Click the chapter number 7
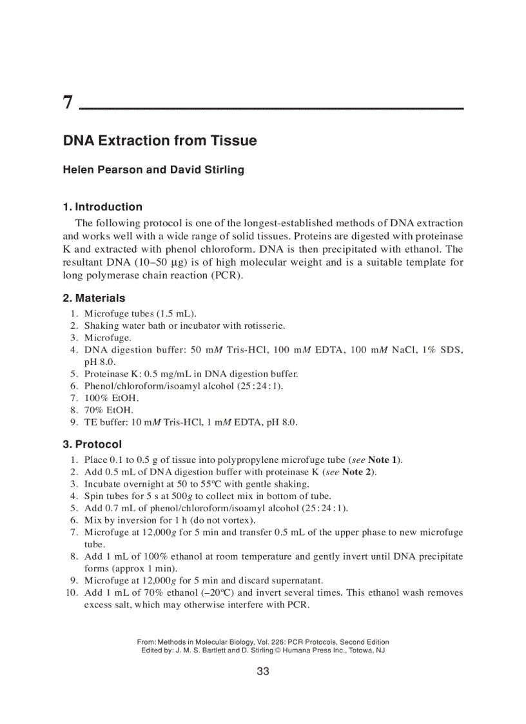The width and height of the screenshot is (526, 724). (68, 102)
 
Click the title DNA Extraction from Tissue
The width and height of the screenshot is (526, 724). (159, 141)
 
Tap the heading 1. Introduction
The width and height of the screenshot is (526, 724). (102, 207)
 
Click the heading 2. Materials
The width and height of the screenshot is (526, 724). (94, 298)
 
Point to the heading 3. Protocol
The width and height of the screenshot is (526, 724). (92, 444)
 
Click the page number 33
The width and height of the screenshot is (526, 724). (263, 671)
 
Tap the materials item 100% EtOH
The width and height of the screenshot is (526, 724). (108, 398)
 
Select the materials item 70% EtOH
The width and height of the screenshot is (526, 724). (106, 409)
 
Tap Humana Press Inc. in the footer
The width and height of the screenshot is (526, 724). (316, 651)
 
